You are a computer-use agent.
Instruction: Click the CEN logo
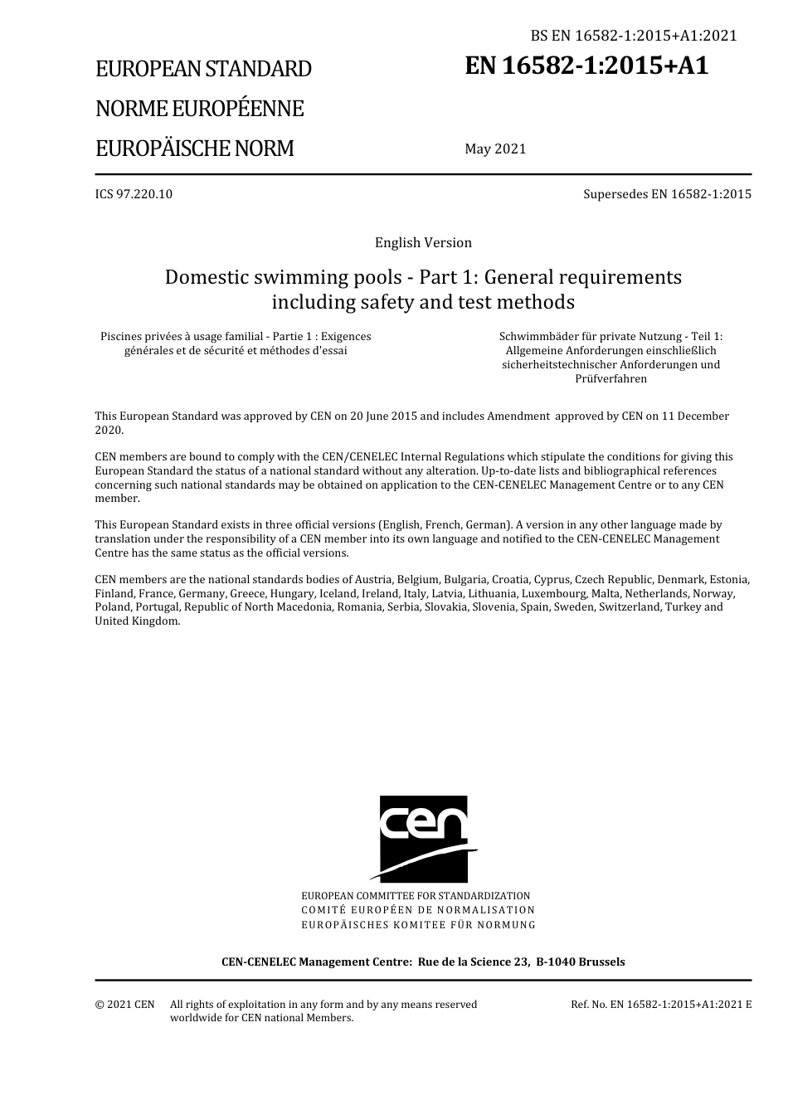(423, 838)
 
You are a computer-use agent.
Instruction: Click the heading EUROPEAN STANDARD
(203, 69)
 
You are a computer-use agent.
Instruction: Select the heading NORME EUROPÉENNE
(199, 109)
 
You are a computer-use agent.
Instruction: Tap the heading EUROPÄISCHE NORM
(194, 149)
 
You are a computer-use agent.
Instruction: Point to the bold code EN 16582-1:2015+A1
(586, 66)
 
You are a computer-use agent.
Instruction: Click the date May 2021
(495, 149)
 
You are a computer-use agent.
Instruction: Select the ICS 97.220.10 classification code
(134, 194)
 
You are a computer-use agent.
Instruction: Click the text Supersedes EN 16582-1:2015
(667, 194)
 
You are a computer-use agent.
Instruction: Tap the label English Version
(423, 243)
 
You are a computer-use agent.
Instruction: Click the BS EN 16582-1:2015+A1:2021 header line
(634, 36)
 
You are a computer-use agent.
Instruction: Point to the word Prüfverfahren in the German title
(610, 379)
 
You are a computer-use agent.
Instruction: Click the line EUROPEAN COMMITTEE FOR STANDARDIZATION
(416, 896)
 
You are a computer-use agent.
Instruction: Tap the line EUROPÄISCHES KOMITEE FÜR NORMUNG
(418, 925)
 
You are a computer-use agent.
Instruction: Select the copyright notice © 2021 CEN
(124, 1005)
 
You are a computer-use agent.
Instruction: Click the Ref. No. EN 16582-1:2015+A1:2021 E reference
(661, 1005)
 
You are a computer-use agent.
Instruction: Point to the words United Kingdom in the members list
(137, 621)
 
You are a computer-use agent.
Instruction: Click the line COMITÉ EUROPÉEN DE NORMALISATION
(418, 910)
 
